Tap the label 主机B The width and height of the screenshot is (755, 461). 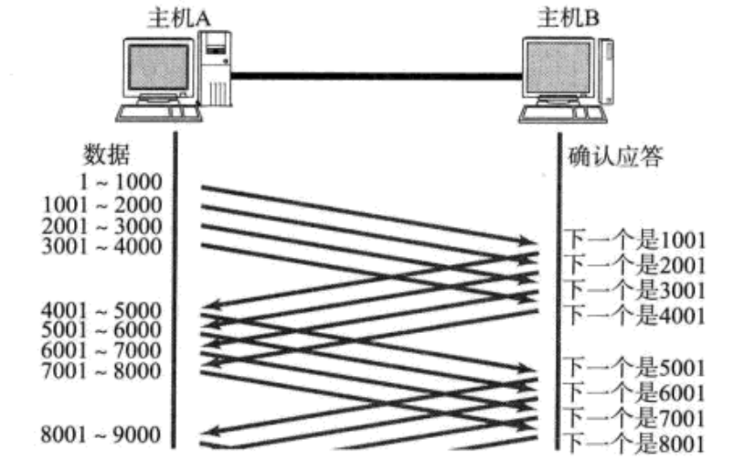[565, 16]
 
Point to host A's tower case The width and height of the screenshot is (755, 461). [218, 69]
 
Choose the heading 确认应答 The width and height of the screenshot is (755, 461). [615, 156]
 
